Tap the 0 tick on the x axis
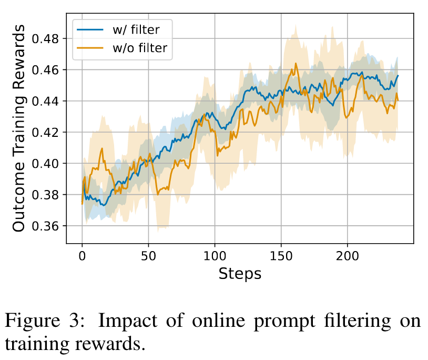(x=82, y=256)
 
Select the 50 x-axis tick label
(x=148, y=256)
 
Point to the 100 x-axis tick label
(x=215, y=256)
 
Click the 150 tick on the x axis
(x=281, y=256)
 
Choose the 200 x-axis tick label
(x=347, y=256)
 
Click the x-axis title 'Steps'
(x=240, y=274)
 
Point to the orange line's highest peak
(x=296, y=64)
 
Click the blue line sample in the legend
(x=89, y=30)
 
